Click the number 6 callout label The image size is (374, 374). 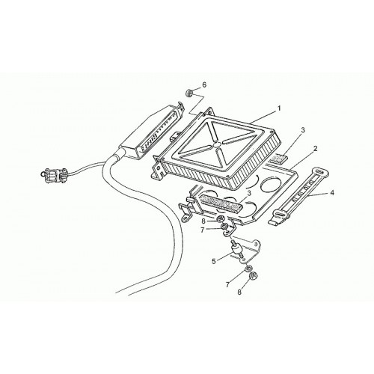[204, 85]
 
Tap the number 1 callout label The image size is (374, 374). [279, 108]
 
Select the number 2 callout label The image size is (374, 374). [316, 149]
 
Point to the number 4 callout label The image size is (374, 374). [331, 192]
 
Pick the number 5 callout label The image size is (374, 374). [213, 261]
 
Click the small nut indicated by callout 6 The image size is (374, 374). [189, 93]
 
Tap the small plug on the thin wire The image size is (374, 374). [53, 173]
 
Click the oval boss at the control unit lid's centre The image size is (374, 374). [217, 144]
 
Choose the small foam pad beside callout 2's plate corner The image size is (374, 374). [280, 159]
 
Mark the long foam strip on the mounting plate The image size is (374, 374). [218, 201]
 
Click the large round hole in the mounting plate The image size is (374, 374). [270, 185]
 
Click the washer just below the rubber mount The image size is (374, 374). [248, 269]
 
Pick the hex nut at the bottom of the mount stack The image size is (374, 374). [254, 276]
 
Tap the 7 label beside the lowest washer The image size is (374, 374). [227, 285]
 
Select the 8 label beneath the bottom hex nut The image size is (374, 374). [239, 292]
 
